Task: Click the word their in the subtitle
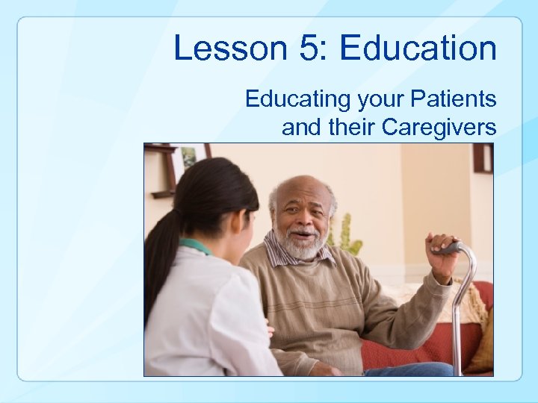click(352, 128)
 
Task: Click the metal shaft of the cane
click(457, 328)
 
